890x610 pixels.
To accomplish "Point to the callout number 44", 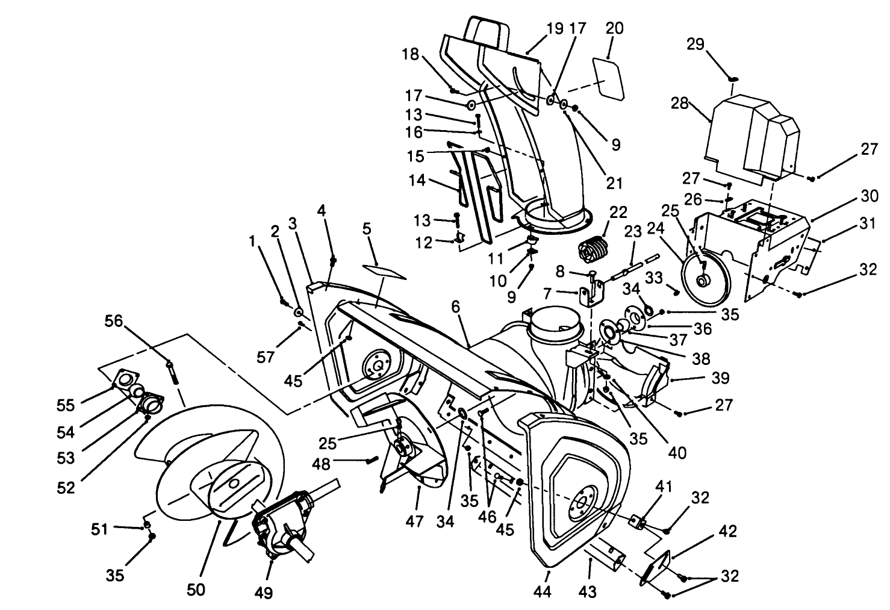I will pyautogui.click(x=543, y=592).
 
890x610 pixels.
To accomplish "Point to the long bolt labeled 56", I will pyautogui.click(x=173, y=372).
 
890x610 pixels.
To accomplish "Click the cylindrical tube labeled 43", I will pyautogui.click(x=605, y=556).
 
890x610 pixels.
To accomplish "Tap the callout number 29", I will pyautogui.click(x=696, y=45).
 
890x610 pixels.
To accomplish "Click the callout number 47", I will pyautogui.click(x=414, y=521).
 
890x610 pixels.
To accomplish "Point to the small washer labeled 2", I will pyautogui.click(x=298, y=312).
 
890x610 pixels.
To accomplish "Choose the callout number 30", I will pyautogui.click(x=869, y=196).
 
